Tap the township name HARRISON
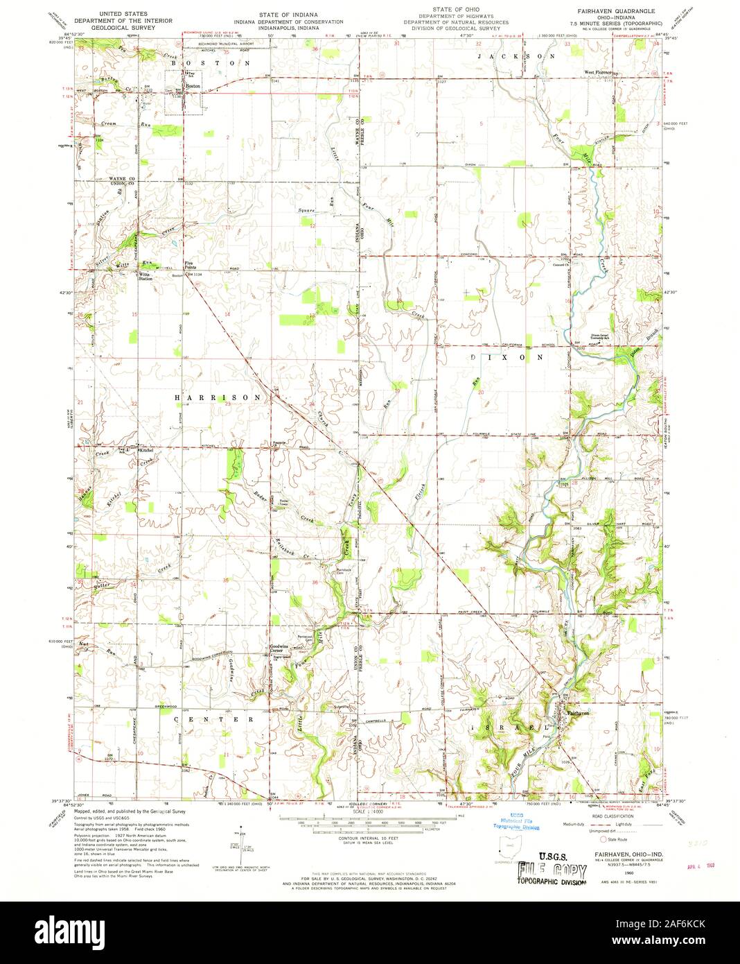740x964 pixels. click(218, 397)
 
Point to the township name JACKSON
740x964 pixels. click(516, 55)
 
